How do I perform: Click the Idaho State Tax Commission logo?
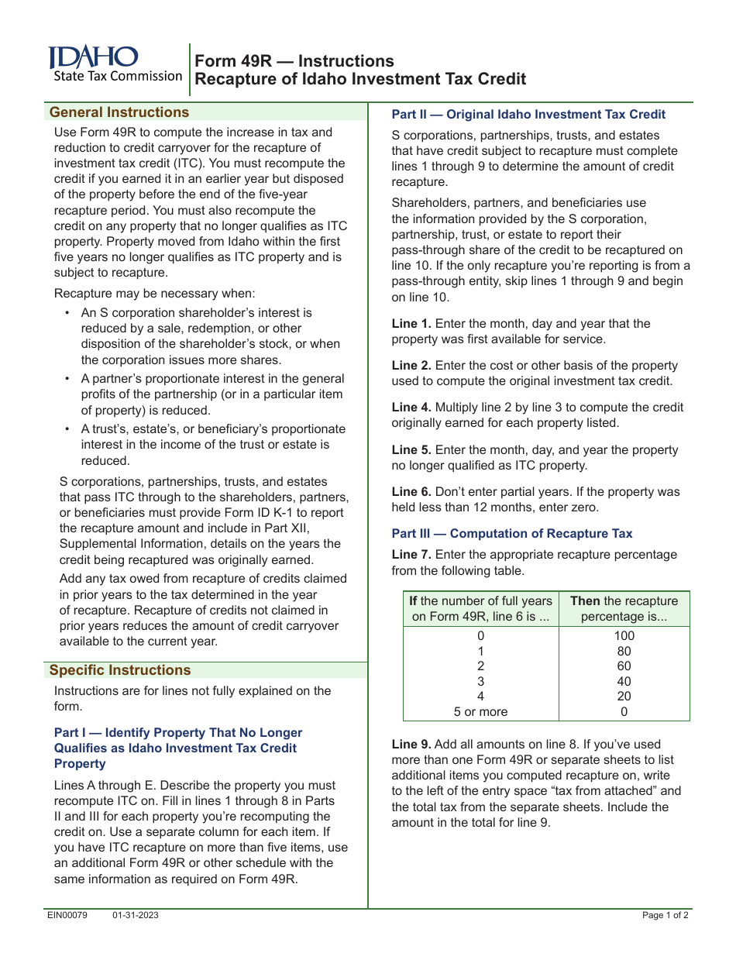pos(115,64)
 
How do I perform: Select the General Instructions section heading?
pos(119,112)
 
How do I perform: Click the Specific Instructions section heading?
pos(119,670)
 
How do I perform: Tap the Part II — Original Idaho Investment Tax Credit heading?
pos(528,115)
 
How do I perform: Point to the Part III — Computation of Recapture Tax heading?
pos(511,533)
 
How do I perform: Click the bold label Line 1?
pos(411,324)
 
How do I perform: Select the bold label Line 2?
pos(411,366)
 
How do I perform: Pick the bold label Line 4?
pos(411,408)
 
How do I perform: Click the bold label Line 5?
pos(411,450)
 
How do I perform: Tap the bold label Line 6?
pos(411,492)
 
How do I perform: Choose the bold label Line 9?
pos(411,745)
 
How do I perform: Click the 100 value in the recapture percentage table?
pos(624,636)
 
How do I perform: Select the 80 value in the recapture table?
pos(624,652)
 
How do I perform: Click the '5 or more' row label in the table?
pos(480,711)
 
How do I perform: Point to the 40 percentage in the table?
pos(624,682)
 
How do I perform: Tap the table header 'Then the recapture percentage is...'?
pos(624,609)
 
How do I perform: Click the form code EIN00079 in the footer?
pos(67,915)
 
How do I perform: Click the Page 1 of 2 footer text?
pos(665,915)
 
